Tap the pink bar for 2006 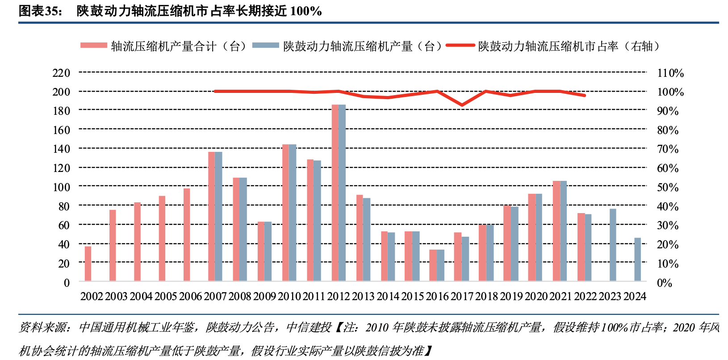click(187, 234)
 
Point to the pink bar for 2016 click(433, 265)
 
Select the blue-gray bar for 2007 click(218, 216)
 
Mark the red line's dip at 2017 click(462, 105)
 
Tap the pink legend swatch click(94, 46)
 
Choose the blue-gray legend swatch click(266, 46)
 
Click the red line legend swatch click(460, 46)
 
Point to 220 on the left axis click(61, 73)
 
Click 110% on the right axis click(670, 73)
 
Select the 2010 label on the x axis click(289, 296)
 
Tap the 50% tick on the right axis click(667, 188)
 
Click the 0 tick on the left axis click(67, 283)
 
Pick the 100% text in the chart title click(306, 11)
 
